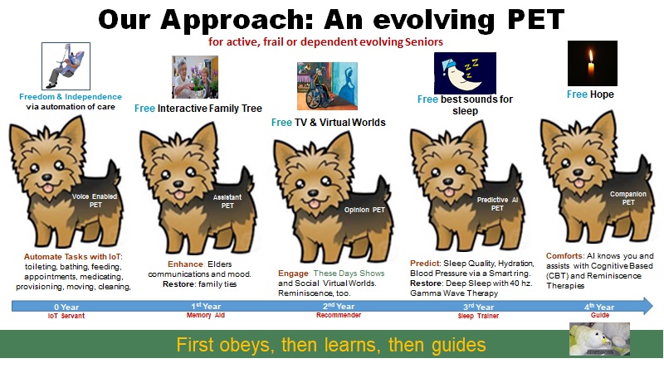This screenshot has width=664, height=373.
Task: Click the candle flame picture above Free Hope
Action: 593,64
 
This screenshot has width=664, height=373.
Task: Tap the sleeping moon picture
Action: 465,73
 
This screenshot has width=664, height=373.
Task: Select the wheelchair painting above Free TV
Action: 327,86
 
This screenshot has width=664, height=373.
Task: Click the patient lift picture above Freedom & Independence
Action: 66,66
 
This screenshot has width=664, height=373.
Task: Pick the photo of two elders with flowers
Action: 195,77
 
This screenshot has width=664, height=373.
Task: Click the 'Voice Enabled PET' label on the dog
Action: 95,201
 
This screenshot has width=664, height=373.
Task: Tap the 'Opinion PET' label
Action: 364,210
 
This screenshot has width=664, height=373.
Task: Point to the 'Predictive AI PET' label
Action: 497,204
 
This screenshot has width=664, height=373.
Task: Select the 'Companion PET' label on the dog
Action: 628,198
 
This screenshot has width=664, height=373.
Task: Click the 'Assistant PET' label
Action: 227,201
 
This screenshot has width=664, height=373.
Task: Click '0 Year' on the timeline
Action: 66,307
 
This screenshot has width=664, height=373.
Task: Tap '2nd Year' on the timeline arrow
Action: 339,306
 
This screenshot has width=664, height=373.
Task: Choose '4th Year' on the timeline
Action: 599,307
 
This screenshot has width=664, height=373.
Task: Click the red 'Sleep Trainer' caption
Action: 478,316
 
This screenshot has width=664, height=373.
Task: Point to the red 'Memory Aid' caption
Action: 206,315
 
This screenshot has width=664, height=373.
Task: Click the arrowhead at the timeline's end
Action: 648,306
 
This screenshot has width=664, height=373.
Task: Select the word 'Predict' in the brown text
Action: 425,263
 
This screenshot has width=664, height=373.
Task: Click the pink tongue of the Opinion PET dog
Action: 314,205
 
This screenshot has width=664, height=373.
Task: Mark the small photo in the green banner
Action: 599,339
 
